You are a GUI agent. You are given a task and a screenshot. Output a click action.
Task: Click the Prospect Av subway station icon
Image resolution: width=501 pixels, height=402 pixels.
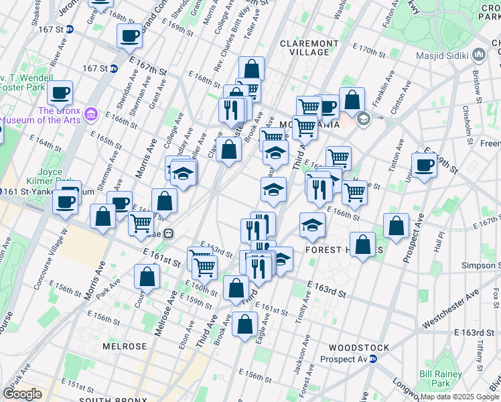click(374, 359)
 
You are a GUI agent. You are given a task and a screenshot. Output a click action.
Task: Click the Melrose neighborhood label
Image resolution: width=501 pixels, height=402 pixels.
click(125, 346)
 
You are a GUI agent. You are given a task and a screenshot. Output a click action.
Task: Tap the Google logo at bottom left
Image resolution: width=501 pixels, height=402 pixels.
click(22, 394)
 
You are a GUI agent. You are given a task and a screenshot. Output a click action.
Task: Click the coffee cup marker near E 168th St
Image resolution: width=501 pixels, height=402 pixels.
click(129, 36)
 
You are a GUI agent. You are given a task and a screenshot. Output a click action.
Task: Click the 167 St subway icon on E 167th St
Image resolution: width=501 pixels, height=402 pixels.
click(114, 68)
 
